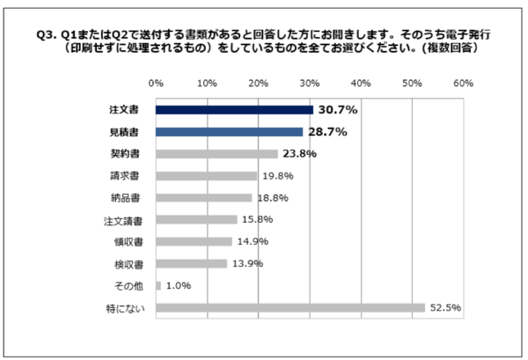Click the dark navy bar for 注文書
tap(234, 110)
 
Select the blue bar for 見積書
tap(229, 132)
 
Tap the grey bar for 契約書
tap(216, 154)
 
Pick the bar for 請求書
tap(206, 176)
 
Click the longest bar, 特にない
tap(290, 308)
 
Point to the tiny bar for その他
tap(158, 286)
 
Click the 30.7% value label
tap(337, 110)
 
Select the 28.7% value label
tap(326, 132)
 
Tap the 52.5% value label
tap(445, 308)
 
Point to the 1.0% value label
tap(179, 286)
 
